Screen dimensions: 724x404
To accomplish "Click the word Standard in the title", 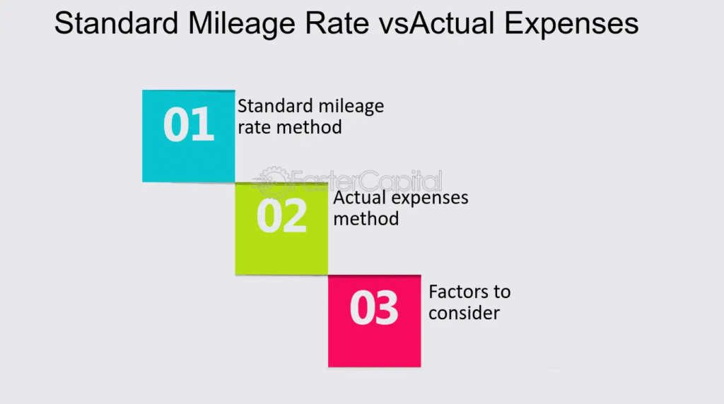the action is (117, 23).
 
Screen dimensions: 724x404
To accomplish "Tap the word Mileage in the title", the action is (242, 24).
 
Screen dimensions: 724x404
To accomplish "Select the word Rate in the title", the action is (337, 23).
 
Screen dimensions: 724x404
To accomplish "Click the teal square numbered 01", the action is (188, 136).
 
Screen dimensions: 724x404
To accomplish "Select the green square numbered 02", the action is (281, 229).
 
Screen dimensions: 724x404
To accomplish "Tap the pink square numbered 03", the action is (375, 321).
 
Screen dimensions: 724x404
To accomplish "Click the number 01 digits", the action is (188, 124).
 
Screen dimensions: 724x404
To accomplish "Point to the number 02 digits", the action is (281, 216).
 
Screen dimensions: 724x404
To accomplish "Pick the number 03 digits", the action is (374, 308).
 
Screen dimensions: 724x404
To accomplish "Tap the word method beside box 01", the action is (309, 127).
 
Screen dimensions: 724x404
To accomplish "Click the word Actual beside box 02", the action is (358, 197).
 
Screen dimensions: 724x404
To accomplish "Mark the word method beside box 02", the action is (366, 218).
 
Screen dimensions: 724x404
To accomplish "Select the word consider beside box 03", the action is (464, 313).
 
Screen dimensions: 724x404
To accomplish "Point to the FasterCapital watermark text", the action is (367, 181).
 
